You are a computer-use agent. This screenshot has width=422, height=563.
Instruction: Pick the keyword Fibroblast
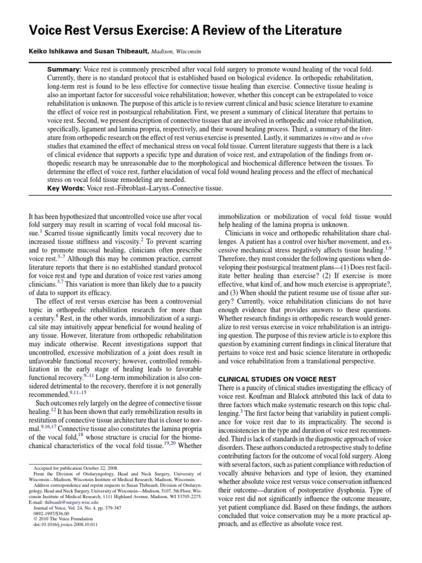point(137,188)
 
